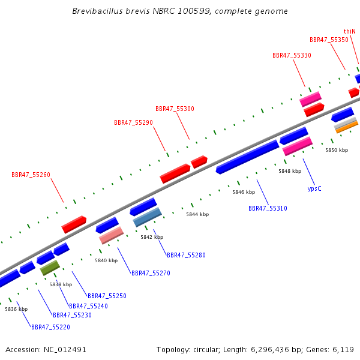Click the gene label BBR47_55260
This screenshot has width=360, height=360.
click(31, 175)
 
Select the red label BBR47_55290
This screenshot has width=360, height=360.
click(133, 122)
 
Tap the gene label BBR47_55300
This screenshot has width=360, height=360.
click(175, 109)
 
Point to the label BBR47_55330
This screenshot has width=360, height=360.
click(292, 56)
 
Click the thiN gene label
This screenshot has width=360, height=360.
click(349, 31)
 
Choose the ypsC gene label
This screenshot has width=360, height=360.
click(314, 189)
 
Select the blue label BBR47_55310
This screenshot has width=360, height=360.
click(268, 208)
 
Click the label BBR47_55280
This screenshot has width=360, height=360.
click(186, 256)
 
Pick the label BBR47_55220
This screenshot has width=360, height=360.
click(50, 327)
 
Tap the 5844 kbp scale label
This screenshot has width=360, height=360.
click(197, 214)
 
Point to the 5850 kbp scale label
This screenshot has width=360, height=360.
click(337, 150)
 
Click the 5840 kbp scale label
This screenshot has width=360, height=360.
click(106, 260)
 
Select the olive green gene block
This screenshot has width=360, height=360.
click(50, 268)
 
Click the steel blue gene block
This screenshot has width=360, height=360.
click(147, 217)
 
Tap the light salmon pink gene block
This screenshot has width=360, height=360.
click(112, 236)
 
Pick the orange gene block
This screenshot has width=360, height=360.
click(347, 127)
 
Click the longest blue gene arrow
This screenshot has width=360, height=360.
click(247, 157)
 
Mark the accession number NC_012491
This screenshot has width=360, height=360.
click(65, 350)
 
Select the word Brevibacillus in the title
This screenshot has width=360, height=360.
click(98, 11)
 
